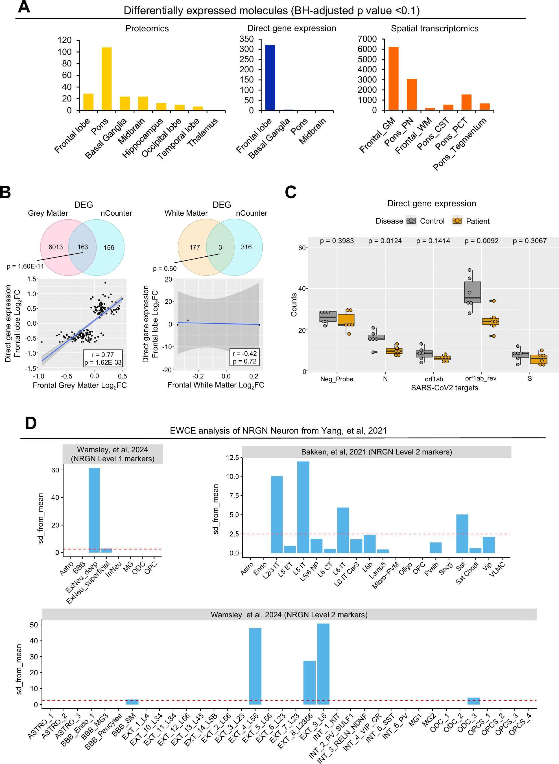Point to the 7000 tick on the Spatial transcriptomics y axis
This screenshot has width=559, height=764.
[x=367, y=39]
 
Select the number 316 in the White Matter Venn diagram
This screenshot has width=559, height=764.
[x=246, y=247]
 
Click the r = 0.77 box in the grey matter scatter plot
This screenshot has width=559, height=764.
[x=103, y=355]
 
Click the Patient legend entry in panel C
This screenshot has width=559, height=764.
[x=471, y=221]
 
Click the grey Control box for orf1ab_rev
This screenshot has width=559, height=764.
[x=473, y=292]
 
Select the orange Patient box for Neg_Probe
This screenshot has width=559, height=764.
[x=346, y=320]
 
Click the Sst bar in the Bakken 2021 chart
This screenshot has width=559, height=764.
[x=462, y=534]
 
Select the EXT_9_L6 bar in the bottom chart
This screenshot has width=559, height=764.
[x=323, y=664]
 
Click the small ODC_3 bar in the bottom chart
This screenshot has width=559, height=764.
[x=473, y=701]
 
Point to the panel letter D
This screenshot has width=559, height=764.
[x=31, y=423]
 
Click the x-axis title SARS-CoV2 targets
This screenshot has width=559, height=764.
[x=444, y=388]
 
